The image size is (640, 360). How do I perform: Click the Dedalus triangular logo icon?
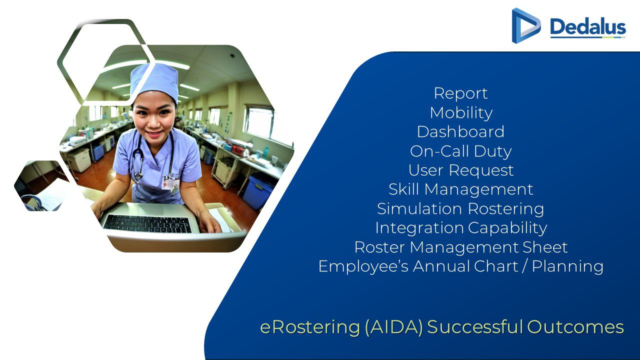tap(525, 25)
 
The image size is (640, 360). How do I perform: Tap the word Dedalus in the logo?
tap(588, 27)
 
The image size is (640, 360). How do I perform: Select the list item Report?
tap(460, 93)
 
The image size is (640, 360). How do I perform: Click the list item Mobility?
tap(461, 113)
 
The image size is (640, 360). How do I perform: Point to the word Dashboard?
tap(460, 131)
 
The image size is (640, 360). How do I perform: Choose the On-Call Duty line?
tap(460, 151)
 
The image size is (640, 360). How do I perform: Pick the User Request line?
tap(461, 170)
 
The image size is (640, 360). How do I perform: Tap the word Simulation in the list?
tap(419, 208)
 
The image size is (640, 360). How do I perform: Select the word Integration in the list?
tap(419, 228)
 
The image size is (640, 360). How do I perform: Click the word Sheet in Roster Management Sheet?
tap(544, 247)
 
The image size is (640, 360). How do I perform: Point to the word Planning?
tap(567, 267)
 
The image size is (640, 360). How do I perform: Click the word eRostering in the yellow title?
tap(310, 327)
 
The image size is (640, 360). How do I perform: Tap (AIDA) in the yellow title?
tap(393, 327)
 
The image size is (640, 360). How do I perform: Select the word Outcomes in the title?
tap(575, 327)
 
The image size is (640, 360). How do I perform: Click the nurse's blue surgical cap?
tap(154, 80)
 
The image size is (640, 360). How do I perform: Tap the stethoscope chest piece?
tap(138, 175)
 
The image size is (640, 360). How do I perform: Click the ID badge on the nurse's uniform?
tap(170, 183)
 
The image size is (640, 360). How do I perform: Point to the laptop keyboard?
tap(147, 223)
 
